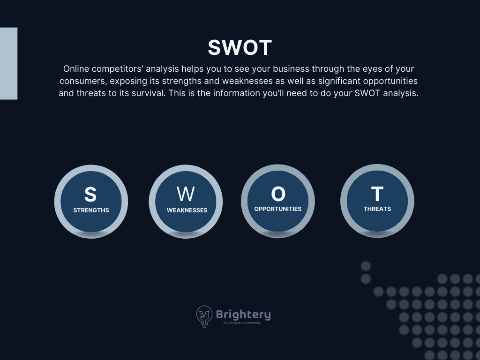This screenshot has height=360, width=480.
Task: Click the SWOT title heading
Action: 240,47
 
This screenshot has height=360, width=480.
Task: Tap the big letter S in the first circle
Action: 90,195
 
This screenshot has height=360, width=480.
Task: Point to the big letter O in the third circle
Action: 278,194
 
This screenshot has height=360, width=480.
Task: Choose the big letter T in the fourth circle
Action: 377,194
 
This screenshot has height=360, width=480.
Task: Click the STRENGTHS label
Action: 91,210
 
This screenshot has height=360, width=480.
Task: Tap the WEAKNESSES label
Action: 187,210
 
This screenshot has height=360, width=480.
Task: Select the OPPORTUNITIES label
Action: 277,209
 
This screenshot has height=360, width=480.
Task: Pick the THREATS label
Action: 377,209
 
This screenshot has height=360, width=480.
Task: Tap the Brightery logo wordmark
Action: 243,315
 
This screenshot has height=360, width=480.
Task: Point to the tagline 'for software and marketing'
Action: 242,322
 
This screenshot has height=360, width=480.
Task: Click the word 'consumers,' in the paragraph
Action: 83,81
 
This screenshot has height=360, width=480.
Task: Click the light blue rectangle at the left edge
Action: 8,63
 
